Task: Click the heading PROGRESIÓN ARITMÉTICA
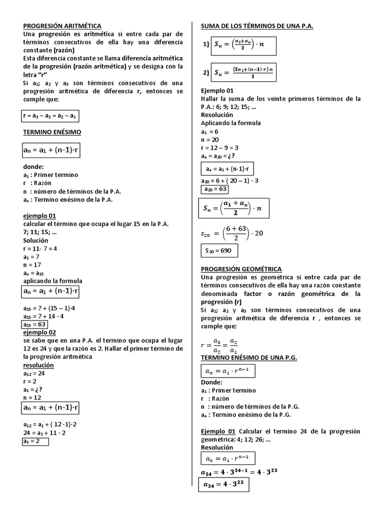[x=62, y=25]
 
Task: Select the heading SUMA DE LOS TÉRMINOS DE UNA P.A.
[x=256, y=25]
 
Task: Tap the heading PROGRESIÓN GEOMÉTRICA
[x=241, y=268]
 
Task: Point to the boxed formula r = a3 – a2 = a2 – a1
[x=50, y=116]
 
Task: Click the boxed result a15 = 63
[x=36, y=324]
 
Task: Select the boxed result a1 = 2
[x=35, y=441]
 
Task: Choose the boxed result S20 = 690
[x=219, y=250]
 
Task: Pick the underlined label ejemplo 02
[x=39, y=332]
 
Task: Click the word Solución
[x=35, y=240]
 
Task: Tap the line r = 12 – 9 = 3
[x=219, y=147]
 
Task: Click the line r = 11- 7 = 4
[x=39, y=248]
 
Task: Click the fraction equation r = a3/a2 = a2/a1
[x=218, y=344]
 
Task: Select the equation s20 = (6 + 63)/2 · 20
[x=232, y=233]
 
